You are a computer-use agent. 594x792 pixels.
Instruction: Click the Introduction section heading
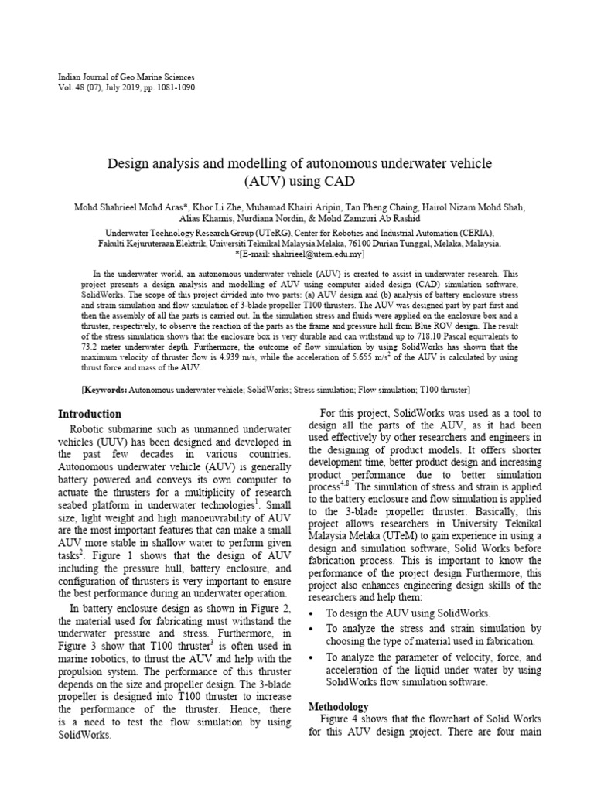pyautogui.click(x=90, y=414)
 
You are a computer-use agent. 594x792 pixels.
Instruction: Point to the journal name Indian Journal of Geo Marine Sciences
pyautogui.click(x=127, y=78)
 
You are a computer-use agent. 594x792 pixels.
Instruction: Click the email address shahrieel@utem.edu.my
pyautogui.click(x=318, y=254)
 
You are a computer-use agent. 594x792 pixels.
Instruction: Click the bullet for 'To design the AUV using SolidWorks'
pyautogui.click(x=311, y=613)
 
